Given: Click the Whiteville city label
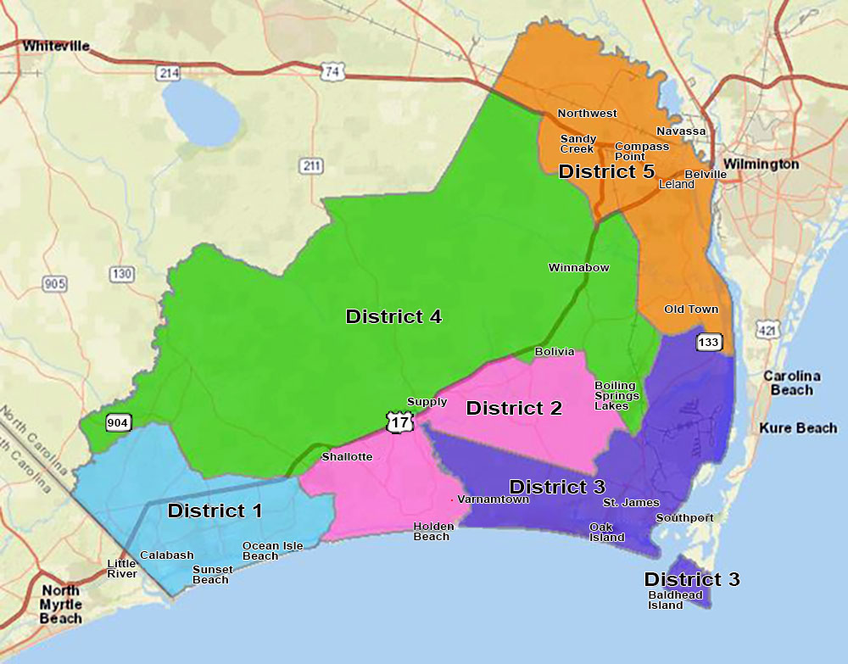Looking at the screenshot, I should click(x=57, y=46).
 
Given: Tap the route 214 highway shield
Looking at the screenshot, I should click(x=169, y=74).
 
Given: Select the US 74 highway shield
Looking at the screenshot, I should click(x=332, y=71).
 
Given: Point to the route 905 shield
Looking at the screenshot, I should click(x=54, y=283).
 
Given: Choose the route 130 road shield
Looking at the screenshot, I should click(x=121, y=273).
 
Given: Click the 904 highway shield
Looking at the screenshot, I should click(x=118, y=422).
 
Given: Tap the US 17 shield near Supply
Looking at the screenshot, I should click(x=397, y=420).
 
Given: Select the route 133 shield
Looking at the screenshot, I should click(x=709, y=342).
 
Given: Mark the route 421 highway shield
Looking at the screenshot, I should click(x=768, y=329).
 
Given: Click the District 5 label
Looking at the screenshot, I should click(x=606, y=171).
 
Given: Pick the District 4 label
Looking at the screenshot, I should click(x=393, y=316).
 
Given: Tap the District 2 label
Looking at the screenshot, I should click(x=514, y=408).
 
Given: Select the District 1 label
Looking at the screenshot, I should click(x=215, y=511).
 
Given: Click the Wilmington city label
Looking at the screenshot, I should click(x=761, y=164).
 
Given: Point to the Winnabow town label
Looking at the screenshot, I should click(x=578, y=268).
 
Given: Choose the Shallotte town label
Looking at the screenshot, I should click(x=347, y=457).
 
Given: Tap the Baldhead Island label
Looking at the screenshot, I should click(x=675, y=600).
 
